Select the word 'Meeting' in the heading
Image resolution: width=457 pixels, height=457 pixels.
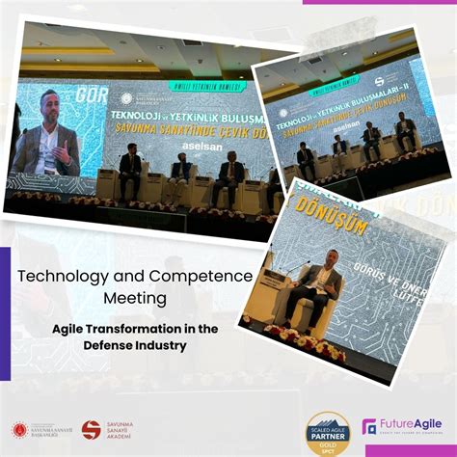(x=135, y=300)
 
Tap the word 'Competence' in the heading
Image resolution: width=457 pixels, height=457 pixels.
(x=202, y=277)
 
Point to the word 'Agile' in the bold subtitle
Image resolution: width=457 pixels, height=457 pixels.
(x=75, y=329)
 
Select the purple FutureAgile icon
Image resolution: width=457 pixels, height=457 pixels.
(x=369, y=426)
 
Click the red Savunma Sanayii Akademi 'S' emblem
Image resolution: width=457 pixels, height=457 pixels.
(x=91, y=429)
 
